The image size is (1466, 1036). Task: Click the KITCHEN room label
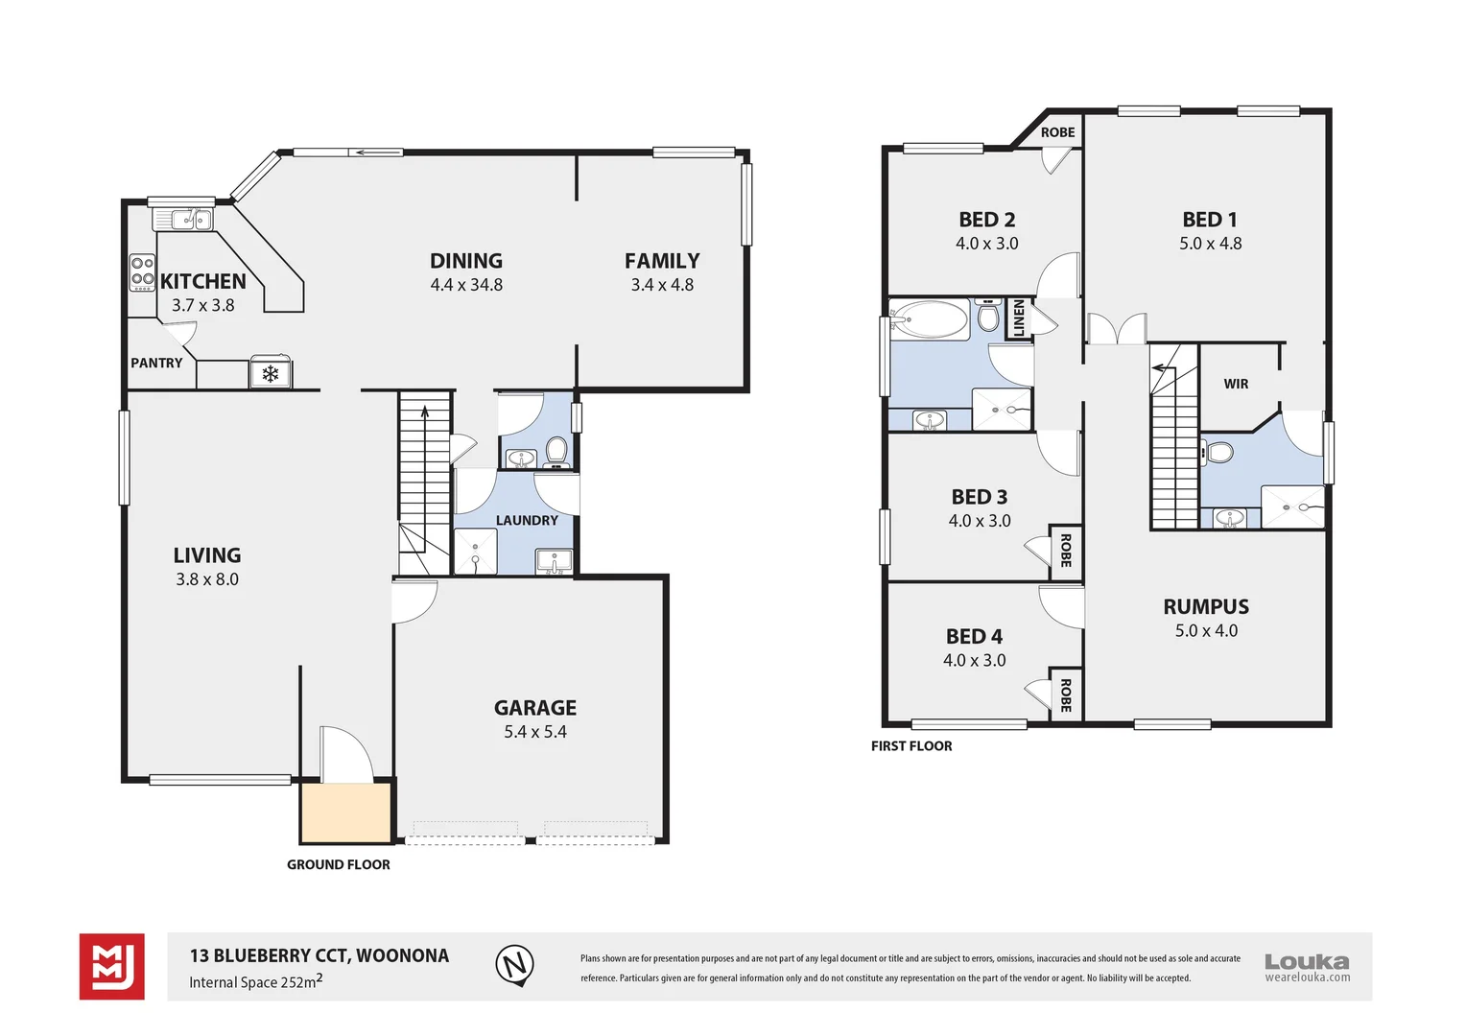[x=202, y=281]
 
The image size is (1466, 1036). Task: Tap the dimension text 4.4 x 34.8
[x=466, y=285]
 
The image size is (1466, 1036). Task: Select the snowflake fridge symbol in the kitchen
[x=271, y=373]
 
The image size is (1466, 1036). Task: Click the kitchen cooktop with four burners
[x=142, y=272]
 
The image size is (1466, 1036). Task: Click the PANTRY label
[x=156, y=363]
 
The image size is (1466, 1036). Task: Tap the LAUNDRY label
[x=527, y=520]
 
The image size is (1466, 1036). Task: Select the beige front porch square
[x=345, y=813]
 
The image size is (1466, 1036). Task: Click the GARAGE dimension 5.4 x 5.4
[x=535, y=732]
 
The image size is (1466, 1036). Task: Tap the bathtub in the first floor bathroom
[x=929, y=319]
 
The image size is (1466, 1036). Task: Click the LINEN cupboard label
[x=1019, y=318]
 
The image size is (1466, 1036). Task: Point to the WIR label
[x=1236, y=384]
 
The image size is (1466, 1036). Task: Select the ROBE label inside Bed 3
[x=1065, y=552]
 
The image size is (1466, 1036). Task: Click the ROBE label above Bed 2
[x=1057, y=132]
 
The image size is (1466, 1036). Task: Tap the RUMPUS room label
[x=1206, y=606]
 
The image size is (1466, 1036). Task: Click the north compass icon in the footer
[x=515, y=964]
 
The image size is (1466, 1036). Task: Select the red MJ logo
[x=112, y=966]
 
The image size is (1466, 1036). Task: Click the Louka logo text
[x=1306, y=961]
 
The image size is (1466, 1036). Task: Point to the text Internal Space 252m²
[x=255, y=981]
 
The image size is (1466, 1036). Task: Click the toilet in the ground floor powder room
[x=556, y=449]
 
